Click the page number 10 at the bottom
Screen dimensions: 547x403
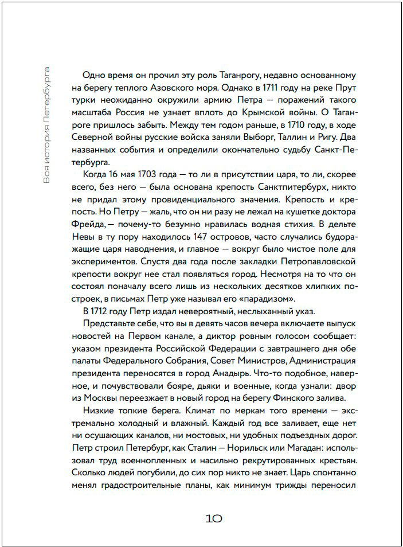(x=213, y=518)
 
